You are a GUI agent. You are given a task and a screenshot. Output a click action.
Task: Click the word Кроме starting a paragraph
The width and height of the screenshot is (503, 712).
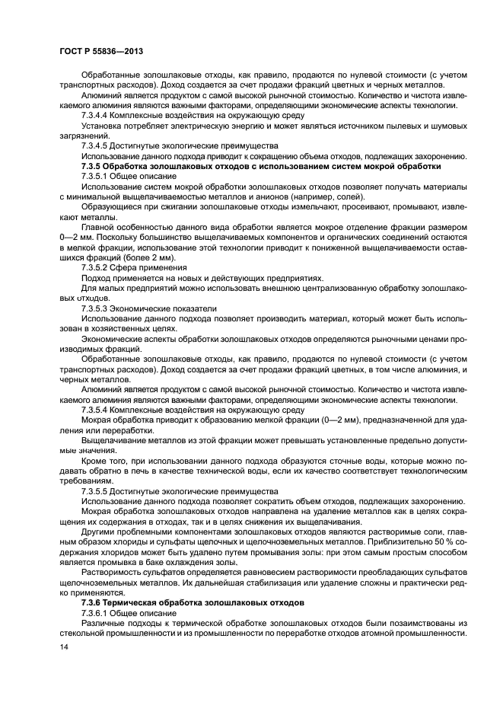[97, 461]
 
